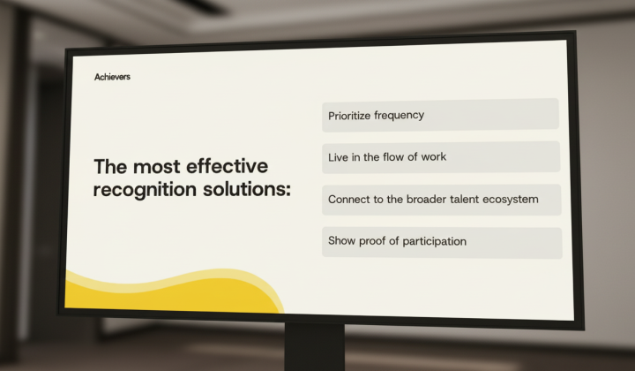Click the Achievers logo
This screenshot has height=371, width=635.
pos(112,77)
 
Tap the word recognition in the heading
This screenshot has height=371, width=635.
pos(145,190)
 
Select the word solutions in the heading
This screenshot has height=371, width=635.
pos(244,189)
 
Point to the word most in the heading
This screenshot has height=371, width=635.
pos(156,167)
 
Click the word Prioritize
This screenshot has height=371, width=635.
pos(349,116)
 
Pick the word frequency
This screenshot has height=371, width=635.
pos(399,116)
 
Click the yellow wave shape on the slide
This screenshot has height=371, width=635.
pos(170,294)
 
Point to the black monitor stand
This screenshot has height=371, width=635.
pos(315,347)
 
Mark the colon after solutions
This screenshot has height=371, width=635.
pos(288,190)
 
